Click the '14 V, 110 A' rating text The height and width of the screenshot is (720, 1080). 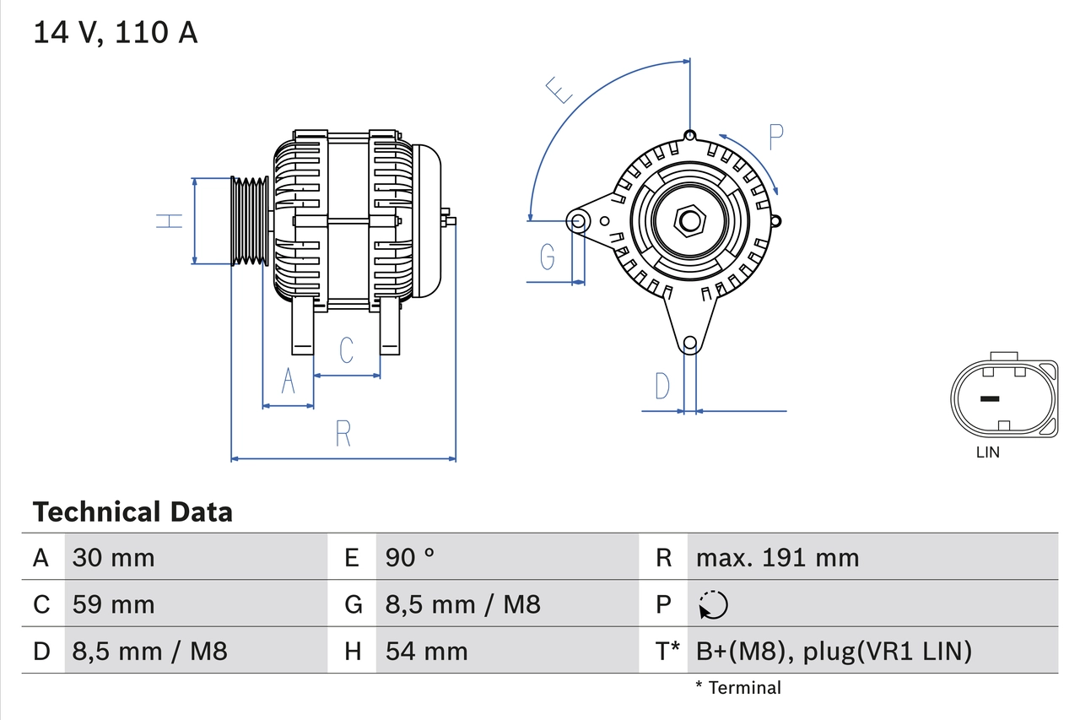click(x=115, y=33)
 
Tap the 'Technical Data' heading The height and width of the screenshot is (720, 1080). click(x=132, y=512)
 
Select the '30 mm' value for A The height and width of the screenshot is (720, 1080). click(x=114, y=557)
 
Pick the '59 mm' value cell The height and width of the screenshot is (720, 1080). click(x=114, y=604)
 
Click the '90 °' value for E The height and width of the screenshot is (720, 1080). click(x=410, y=557)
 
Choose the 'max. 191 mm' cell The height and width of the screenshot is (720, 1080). click(x=777, y=557)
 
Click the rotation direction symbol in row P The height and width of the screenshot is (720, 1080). click(x=713, y=604)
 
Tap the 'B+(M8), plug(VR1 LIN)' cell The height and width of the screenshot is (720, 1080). click(x=834, y=651)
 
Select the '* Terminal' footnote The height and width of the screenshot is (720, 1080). click(x=738, y=688)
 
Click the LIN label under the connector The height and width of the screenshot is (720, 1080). click(x=987, y=452)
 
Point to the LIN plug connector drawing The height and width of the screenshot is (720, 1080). click(x=1003, y=398)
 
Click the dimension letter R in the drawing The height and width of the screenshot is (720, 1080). click(x=343, y=434)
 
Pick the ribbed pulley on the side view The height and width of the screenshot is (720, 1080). click(x=250, y=221)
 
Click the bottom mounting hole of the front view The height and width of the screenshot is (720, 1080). click(x=690, y=343)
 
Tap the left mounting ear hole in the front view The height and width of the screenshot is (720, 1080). click(x=579, y=221)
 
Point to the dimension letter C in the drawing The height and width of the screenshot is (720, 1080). click(x=346, y=350)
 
